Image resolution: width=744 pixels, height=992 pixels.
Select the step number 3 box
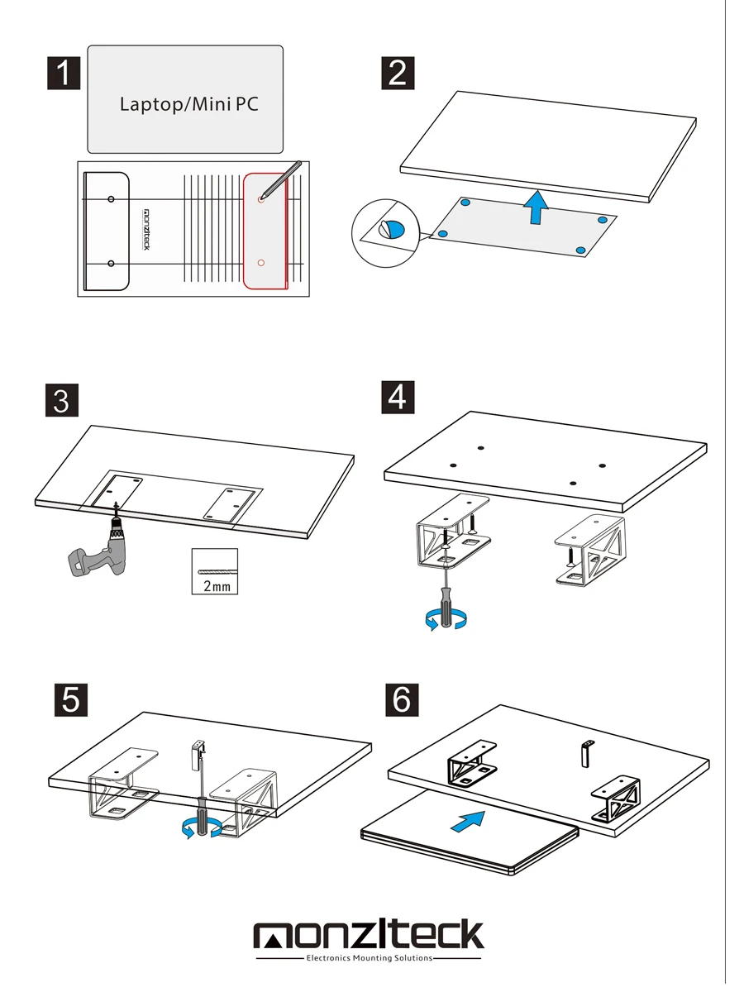pos(60,401)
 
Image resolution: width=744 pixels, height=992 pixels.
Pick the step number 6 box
pos(402,699)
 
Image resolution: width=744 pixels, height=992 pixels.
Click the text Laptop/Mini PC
pos(189,105)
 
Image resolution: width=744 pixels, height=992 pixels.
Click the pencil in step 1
pos(281,179)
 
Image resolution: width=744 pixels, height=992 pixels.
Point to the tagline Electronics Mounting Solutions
pos(369,959)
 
